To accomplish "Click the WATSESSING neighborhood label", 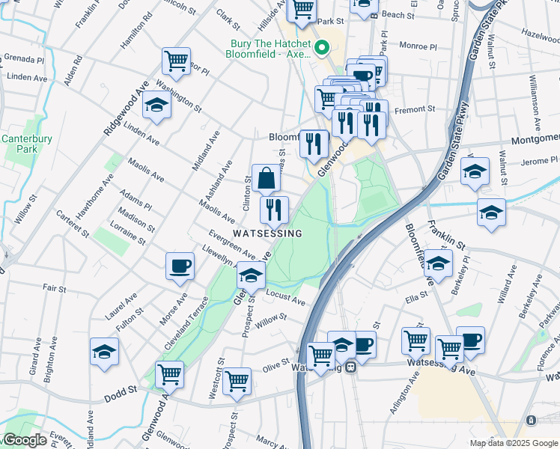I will point(267,233).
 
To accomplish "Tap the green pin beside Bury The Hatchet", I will point(323,49).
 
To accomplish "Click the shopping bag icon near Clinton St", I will point(266,180).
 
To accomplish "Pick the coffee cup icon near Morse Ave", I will point(180,266).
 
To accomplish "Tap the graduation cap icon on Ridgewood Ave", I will point(156,106).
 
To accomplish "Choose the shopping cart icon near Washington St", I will point(176,62).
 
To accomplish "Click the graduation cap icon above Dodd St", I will point(104,352).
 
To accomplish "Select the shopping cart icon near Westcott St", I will point(237,380).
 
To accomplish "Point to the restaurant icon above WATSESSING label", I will point(274,210).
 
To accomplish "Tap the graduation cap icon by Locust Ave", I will point(251,275).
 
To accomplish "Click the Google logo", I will point(24,440).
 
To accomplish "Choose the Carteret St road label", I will point(74,224).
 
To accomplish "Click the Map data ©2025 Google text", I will point(513,443).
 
